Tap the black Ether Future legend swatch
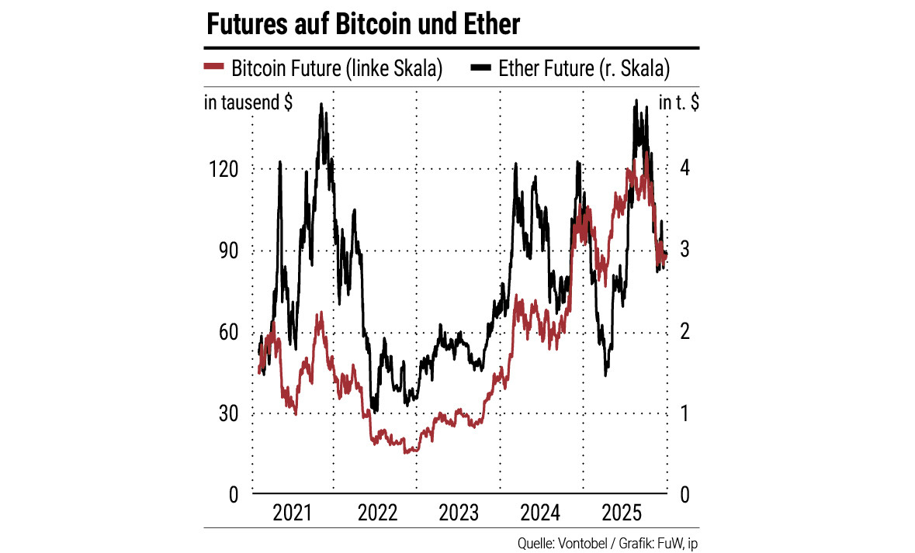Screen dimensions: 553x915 coord(481,68)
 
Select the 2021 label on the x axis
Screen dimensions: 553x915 coord(294,513)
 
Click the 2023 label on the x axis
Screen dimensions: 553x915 coord(458,513)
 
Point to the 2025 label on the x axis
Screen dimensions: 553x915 coord(621,513)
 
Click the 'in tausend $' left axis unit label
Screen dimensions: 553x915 coord(248,102)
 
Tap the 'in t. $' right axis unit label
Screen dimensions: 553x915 coord(678,102)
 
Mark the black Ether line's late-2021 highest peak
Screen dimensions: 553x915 coord(321,105)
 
